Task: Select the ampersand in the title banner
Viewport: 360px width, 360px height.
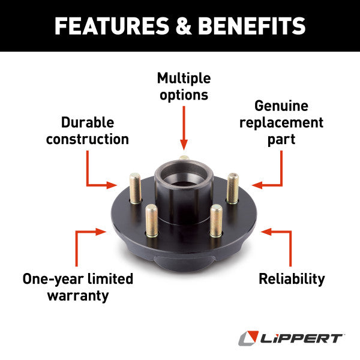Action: click(x=184, y=26)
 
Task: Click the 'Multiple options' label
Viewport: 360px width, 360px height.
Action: click(x=183, y=86)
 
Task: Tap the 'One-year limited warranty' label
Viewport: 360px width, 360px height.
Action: click(x=77, y=287)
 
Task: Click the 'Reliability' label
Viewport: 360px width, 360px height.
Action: click(x=292, y=278)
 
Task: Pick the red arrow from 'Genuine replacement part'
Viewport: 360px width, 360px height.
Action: click(x=274, y=174)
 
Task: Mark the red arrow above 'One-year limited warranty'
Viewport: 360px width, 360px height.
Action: click(x=84, y=240)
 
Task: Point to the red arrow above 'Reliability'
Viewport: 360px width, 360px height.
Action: click(x=282, y=240)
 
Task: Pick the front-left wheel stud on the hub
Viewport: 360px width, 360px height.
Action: click(x=152, y=219)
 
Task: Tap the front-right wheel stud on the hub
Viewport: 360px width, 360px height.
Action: click(x=216, y=219)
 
